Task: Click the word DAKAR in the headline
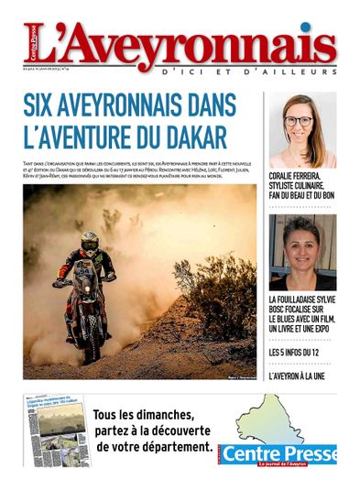coord(195,137)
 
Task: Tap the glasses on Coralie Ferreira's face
coord(298,120)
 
